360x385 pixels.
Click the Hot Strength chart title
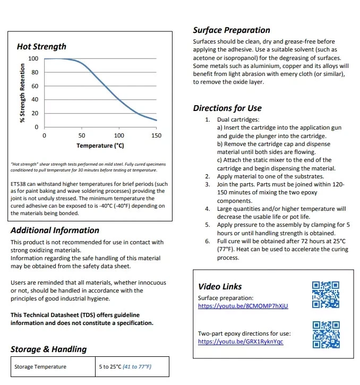[x=41, y=47]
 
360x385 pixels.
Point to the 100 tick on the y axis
[x=33, y=58]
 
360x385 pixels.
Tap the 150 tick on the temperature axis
[x=156, y=136]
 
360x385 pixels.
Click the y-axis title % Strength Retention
[x=22, y=93]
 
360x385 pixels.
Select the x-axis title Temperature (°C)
[x=100, y=146]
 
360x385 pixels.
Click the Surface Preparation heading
[x=231, y=30]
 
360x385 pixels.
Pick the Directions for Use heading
[x=227, y=108]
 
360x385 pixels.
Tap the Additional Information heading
[x=55, y=230]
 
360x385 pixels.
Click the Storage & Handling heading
[x=48, y=349]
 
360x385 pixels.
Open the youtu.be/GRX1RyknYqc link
[x=241, y=341]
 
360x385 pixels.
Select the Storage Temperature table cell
[x=40, y=366]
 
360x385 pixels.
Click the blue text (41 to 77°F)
[x=137, y=366]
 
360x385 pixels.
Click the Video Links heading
[x=220, y=287]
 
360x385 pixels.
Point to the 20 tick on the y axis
[x=35, y=114]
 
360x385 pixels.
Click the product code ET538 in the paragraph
[x=20, y=185]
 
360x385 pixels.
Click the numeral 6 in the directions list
[x=208, y=241]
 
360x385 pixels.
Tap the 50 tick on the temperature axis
[x=82, y=136]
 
